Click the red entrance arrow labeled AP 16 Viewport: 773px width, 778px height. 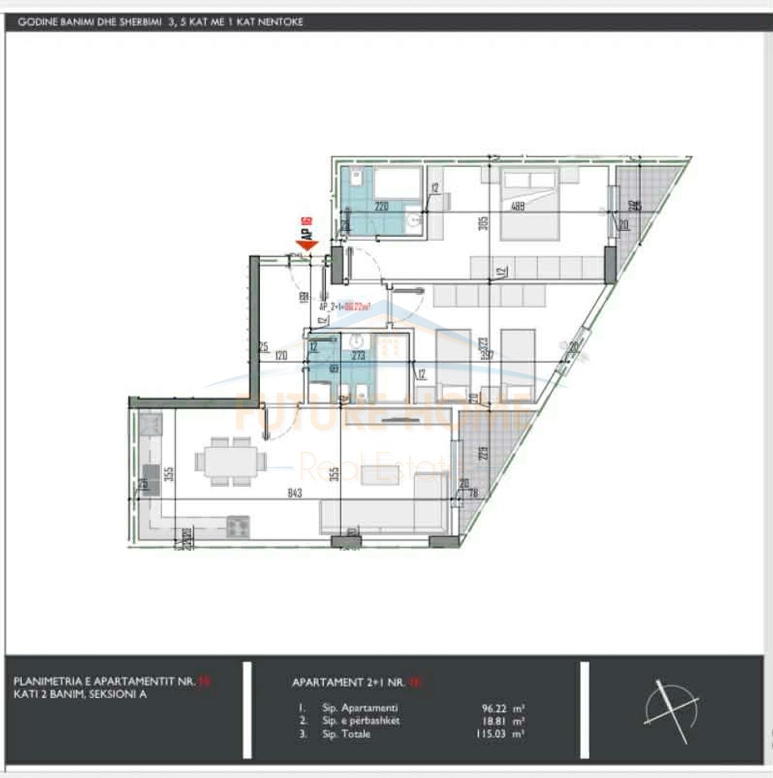[x=307, y=244]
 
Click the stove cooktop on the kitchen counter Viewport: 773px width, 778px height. [x=238, y=528]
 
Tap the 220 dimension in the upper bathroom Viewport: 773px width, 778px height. [x=382, y=207]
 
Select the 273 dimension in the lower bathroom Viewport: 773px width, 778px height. [x=359, y=354]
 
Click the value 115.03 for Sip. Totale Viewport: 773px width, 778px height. [x=497, y=733]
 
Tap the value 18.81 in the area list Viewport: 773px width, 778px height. [x=498, y=720]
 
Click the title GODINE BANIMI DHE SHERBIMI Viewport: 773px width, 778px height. [x=88, y=22]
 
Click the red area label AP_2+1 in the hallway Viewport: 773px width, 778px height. [x=344, y=306]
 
